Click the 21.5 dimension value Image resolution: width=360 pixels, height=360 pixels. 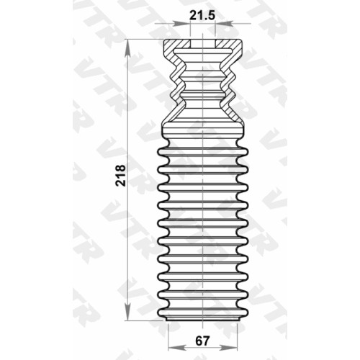pyautogui.click(x=202, y=16)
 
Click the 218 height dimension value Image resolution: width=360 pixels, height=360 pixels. pyautogui.click(x=121, y=175)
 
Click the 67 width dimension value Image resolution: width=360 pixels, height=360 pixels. pyautogui.click(x=202, y=341)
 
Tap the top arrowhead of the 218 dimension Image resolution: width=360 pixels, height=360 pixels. pyautogui.click(x=127, y=48)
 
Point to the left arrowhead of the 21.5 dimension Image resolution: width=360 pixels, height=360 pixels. pyautogui.click(x=181, y=23)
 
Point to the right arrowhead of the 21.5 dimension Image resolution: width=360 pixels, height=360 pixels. pyautogui.click(x=224, y=23)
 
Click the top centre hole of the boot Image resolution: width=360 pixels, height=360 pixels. pyautogui.click(x=203, y=44)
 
